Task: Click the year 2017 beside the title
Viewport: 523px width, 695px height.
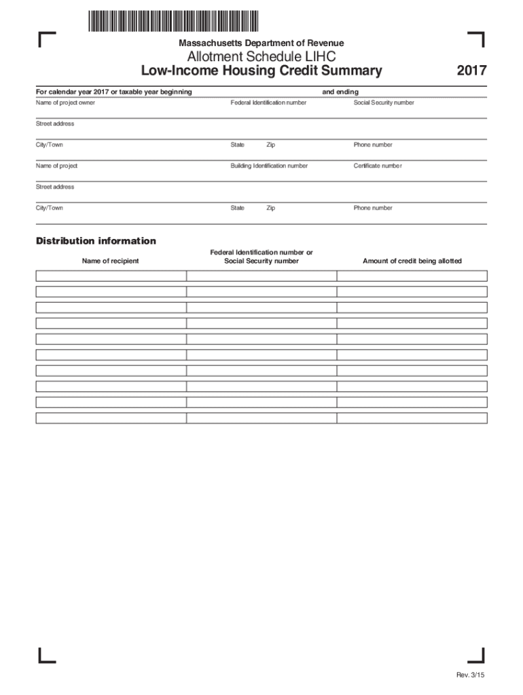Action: point(471,71)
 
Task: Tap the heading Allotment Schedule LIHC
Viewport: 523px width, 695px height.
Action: point(261,57)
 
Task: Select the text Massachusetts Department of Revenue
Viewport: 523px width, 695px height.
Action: point(261,43)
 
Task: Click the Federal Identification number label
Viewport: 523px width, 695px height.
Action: point(268,102)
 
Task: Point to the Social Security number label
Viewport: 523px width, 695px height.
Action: point(384,102)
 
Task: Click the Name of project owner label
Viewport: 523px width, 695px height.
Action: point(65,102)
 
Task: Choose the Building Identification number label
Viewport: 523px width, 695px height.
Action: point(269,166)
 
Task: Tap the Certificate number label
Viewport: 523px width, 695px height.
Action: point(378,166)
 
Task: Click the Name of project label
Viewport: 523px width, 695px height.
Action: point(56,166)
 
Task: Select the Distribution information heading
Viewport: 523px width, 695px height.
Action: point(96,241)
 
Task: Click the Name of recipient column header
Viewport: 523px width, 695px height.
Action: point(111,261)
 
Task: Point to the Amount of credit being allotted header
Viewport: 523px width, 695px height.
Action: point(412,261)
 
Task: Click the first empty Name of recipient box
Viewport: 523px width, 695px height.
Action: point(111,276)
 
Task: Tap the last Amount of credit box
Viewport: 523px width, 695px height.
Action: point(412,418)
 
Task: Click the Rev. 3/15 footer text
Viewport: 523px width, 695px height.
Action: point(470,675)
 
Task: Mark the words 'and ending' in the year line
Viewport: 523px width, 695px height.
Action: point(340,92)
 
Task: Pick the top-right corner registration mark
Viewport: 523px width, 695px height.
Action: point(476,39)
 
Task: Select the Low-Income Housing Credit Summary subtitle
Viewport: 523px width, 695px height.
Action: point(261,71)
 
